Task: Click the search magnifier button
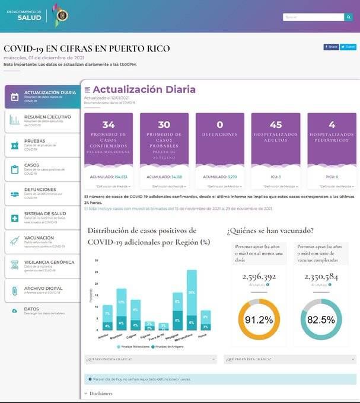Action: pos(348,17)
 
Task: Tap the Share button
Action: pos(331,47)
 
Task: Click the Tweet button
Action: pos(348,47)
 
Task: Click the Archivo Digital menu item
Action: pos(43,289)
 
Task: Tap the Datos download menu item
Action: pos(33,311)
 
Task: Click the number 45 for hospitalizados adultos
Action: pos(276,125)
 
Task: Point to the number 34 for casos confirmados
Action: pos(109,125)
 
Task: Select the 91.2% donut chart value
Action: pos(259,319)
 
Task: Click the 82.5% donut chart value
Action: pos(321,319)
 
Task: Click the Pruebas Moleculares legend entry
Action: pos(133,347)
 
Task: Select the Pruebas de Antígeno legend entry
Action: pos(170,347)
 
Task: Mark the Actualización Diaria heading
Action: pos(144,89)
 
